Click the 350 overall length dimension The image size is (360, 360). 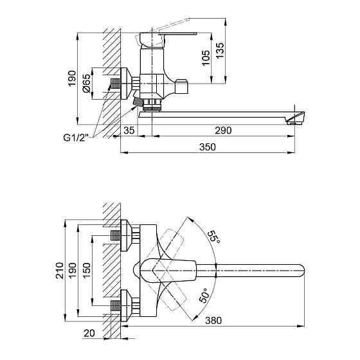point(207,147)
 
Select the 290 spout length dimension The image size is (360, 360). point(222,130)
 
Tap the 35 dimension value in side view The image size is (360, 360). point(129,130)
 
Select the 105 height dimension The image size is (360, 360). point(206,60)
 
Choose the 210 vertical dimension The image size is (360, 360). point(59,271)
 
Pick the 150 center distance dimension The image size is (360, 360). point(87,270)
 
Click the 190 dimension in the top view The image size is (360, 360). point(73,270)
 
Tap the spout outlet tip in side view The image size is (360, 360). point(298,117)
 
